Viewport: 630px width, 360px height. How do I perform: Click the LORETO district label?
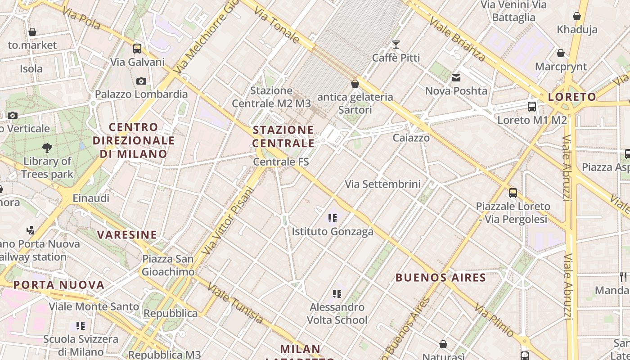click(571, 97)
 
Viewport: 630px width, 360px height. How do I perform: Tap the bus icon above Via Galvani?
click(137, 48)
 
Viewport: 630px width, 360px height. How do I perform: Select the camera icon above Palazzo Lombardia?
click(141, 81)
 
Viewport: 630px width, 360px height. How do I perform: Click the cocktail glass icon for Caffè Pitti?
click(396, 44)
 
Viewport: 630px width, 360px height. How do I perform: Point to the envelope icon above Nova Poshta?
click(456, 78)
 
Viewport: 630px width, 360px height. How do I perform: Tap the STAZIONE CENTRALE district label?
click(283, 137)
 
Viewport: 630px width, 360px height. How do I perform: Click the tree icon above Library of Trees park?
click(47, 148)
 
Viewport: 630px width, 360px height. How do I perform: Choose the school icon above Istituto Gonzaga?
click(333, 218)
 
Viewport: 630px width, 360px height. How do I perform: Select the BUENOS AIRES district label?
click(441, 278)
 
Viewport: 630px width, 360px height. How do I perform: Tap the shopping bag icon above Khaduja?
click(577, 17)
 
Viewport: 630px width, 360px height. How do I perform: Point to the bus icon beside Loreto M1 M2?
click(532, 107)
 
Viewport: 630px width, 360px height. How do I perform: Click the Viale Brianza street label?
click(457, 39)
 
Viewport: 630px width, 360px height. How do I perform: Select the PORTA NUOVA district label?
click(59, 285)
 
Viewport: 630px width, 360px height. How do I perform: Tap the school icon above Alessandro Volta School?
click(337, 294)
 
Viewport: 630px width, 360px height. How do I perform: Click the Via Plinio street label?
click(495, 320)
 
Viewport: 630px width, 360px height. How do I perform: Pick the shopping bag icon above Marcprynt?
click(561, 54)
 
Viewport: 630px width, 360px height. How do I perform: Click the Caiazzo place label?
click(411, 138)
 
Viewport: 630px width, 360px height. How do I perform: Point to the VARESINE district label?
click(127, 235)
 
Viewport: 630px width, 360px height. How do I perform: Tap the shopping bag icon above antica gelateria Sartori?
click(355, 84)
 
